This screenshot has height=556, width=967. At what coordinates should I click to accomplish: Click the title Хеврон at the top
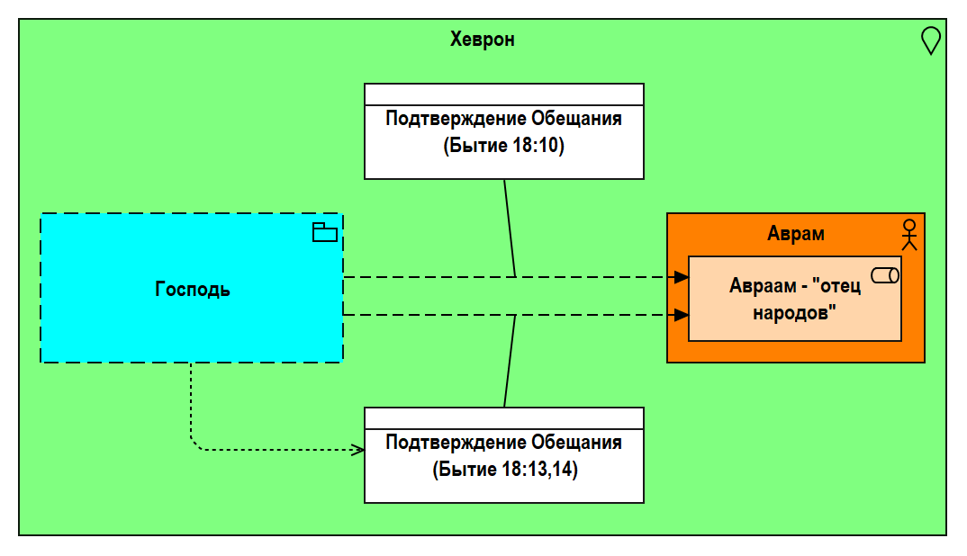pyautogui.click(x=482, y=40)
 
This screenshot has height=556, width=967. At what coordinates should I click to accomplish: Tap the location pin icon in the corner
pyautogui.click(x=930, y=40)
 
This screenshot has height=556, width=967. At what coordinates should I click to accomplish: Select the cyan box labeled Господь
pyautogui.click(x=191, y=289)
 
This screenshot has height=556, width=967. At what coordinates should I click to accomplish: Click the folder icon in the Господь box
pyautogui.click(x=324, y=233)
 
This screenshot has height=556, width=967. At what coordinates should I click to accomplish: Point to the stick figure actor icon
pyautogui.click(x=909, y=233)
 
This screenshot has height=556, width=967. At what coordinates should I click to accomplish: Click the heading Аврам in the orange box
pyautogui.click(x=795, y=234)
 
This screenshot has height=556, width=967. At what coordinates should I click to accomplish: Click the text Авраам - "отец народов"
pyautogui.click(x=794, y=299)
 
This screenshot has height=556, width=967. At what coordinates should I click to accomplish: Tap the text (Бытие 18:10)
pyautogui.click(x=503, y=147)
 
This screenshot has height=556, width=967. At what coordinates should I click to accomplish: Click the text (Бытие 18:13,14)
pyautogui.click(x=503, y=470)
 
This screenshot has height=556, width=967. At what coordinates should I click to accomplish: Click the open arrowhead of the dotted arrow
pyautogui.click(x=358, y=449)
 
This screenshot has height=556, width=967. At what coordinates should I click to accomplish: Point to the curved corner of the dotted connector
pyautogui.click(x=194, y=444)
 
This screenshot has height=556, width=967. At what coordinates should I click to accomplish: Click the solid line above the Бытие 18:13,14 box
pyautogui.click(x=510, y=360)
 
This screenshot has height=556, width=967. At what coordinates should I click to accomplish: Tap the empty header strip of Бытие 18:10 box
pyautogui.click(x=503, y=94)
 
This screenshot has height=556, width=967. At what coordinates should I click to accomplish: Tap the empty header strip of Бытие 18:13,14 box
pyautogui.click(x=503, y=418)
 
